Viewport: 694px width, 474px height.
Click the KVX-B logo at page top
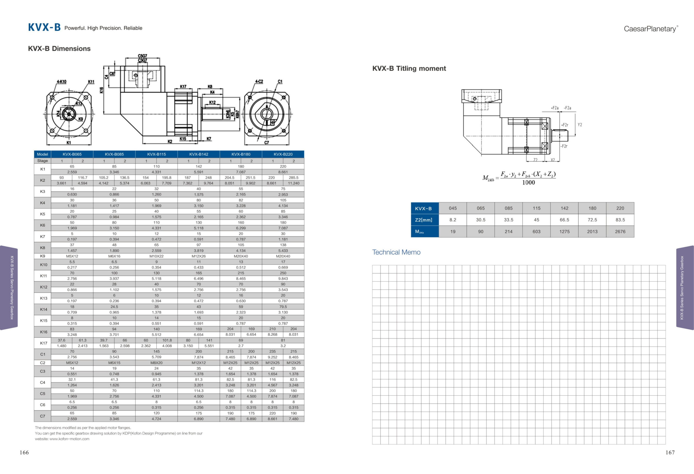coord(44,27)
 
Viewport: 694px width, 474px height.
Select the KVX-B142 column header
coord(199,154)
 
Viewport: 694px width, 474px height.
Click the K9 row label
coord(42,256)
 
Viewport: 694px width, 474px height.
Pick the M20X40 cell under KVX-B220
coord(283,256)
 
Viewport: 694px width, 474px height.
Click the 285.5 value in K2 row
coord(294,177)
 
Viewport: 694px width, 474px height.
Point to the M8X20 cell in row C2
coord(156,363)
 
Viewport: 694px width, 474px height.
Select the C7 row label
coord(42,416)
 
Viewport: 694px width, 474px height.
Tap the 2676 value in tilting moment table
coord(620,232)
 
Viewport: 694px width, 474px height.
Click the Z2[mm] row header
coord(423,220)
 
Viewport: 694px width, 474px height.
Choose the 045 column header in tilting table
coord(453,208)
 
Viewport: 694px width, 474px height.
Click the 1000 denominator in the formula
coord(528,182)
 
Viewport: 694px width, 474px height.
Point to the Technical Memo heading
coord(396,252)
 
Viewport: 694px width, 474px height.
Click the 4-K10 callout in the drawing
coord(62,82)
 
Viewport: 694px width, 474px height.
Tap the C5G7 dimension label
coord(142,56)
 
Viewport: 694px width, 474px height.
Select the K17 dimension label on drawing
coord(183,87)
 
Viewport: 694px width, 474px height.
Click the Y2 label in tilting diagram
coord(580,125)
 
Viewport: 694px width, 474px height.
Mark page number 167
coord(670,453)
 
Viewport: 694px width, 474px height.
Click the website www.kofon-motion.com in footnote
coord(69,439)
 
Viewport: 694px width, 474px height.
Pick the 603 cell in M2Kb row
coord(536,232)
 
